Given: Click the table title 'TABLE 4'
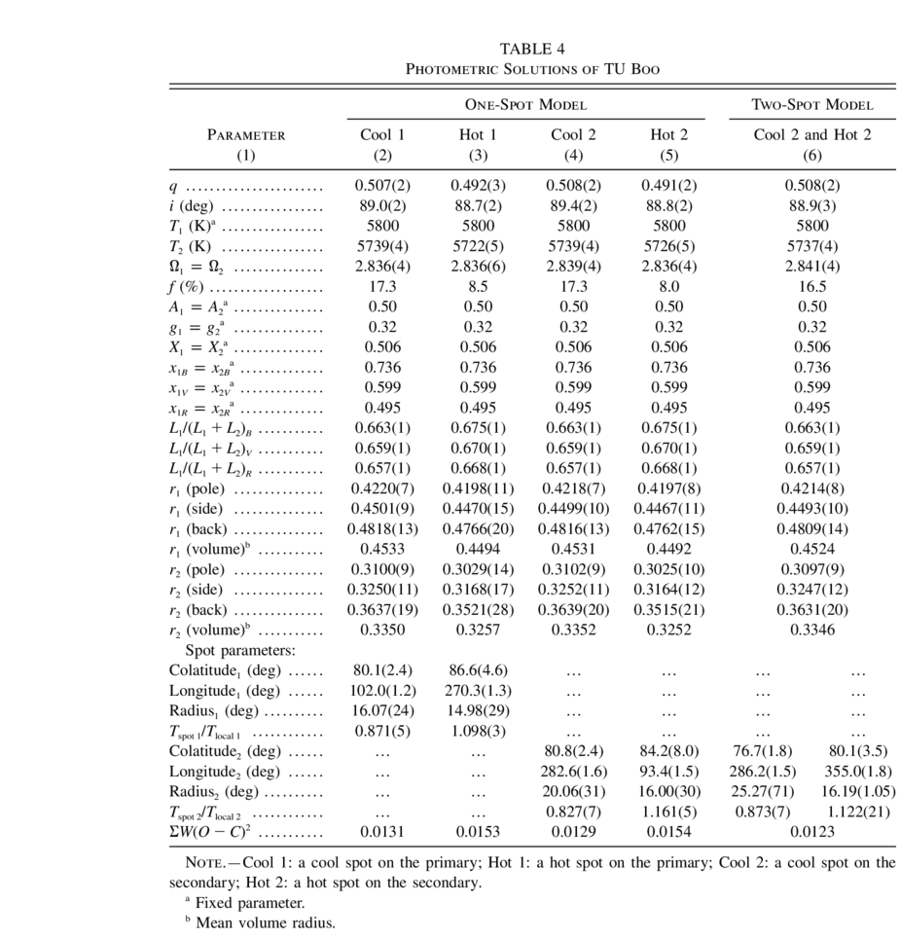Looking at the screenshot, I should click(x=532, y=49).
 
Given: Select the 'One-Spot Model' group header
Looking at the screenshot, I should click(x=525, y=104).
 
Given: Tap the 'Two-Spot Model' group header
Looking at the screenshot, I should click(x=812, y=104).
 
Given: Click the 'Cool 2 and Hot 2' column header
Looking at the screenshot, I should click(x=812, y=135).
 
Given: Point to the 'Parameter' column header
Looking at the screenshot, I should click(x=246, y=135).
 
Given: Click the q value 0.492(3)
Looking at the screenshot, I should click(x=477, y=185).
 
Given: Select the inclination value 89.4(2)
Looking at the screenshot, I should click(x=573, y=205).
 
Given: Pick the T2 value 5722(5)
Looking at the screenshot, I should click(x=477, y=246).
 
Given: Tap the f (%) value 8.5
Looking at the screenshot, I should click(x=477, y=287).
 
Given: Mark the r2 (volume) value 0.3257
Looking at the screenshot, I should click(x=477, y=630).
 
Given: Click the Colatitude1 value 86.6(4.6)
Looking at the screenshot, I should click(x=477, y=669).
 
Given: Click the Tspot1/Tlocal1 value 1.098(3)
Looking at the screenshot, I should click(x=477, y=731).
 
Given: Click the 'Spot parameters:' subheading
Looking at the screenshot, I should click(x=240, y=649).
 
